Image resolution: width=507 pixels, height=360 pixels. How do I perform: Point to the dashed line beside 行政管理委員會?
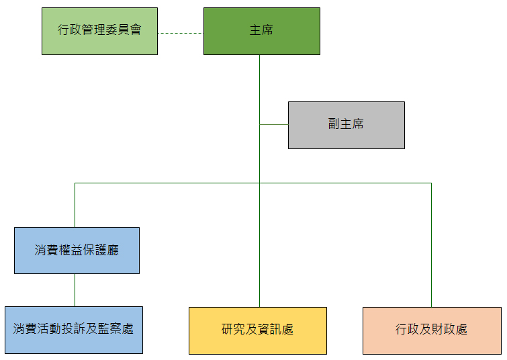(x=180, y=32)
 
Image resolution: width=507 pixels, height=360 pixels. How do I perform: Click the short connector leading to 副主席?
(x=273, y=124)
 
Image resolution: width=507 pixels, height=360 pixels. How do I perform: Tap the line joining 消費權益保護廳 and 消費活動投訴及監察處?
(x=75, y=289)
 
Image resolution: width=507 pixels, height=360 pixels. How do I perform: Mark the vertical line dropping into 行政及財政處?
(x=431, y=245)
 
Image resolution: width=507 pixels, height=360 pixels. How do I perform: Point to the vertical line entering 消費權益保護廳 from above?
(x=75, y=205)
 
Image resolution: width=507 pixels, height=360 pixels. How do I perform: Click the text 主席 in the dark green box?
(x=261, y=30)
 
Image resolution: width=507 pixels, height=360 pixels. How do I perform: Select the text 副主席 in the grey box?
(x=346, y=124)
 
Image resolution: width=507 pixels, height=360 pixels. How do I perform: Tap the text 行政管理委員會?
(x=99, y=30)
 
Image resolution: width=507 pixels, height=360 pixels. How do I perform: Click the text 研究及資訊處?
(x=257, y=329)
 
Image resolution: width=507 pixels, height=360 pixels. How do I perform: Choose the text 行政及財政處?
(x=431, y=329)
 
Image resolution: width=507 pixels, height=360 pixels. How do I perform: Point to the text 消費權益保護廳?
(x=77, y=250)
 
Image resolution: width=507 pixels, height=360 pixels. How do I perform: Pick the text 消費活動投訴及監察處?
(x=73, y=329)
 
